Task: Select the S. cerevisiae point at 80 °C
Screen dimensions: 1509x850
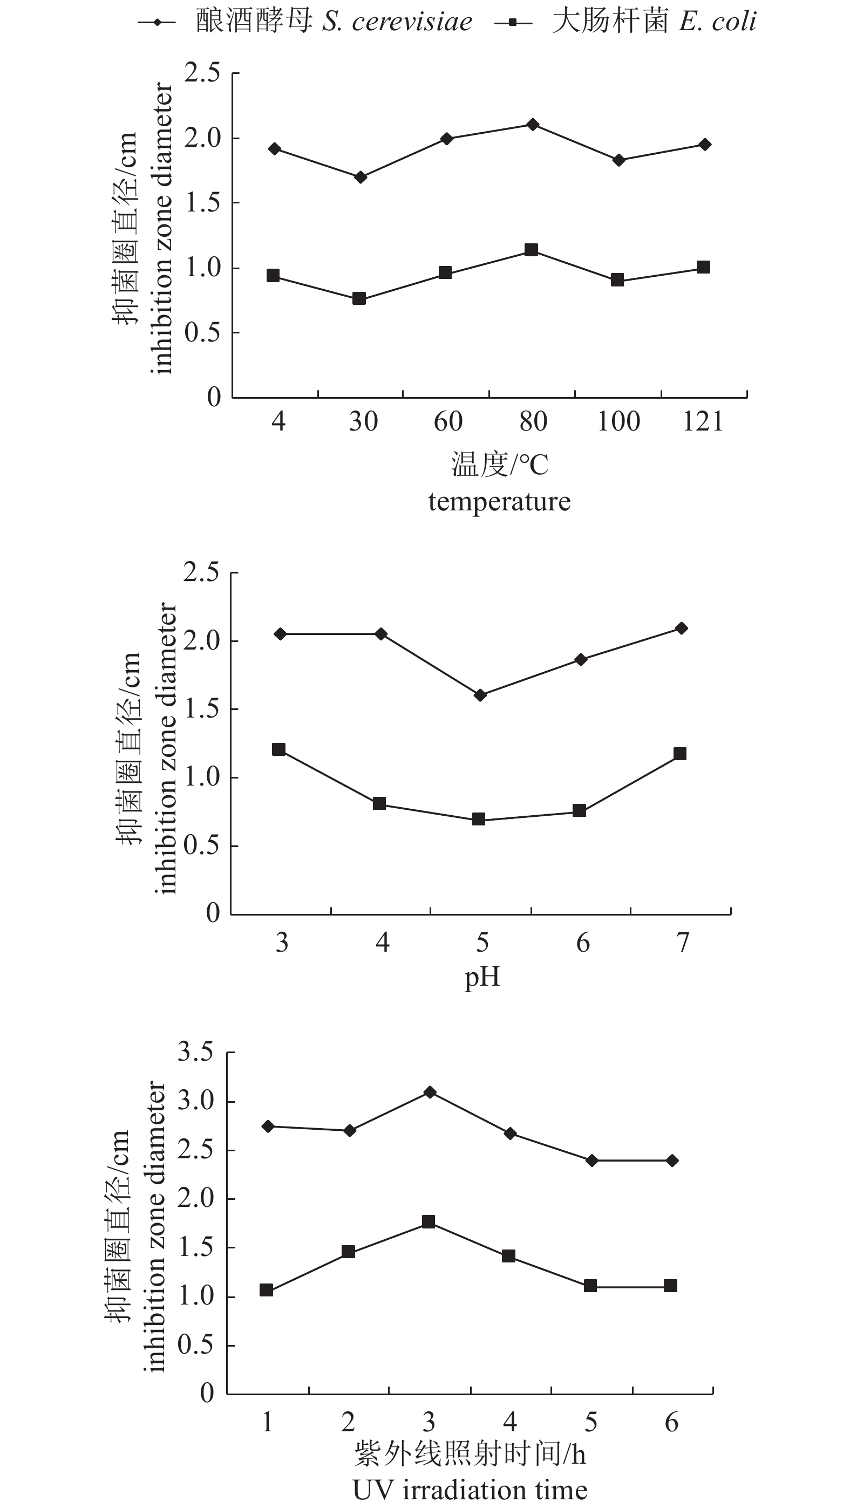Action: coord(533,125)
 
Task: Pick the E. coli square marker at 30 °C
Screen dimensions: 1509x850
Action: coord(359,299)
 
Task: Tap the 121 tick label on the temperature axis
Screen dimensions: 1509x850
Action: coord(703,422)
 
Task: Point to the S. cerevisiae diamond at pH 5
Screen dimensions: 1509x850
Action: coord(480,695)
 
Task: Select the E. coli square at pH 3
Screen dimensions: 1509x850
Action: coord(279,749)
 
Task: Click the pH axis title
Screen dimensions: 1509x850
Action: coord(481,977)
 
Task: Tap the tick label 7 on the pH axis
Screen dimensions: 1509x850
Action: coord(683,943)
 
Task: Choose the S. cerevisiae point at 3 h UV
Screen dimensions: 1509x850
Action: coord(430,1092)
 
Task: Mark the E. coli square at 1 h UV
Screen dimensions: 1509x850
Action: coord(267,1290)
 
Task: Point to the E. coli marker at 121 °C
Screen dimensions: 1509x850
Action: coord(703,267)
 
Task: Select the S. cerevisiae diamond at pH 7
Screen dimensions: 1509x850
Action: coord(681,629)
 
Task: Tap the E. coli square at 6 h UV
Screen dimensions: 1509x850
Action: coord(671,1286)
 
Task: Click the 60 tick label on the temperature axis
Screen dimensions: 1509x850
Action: coord(448,422)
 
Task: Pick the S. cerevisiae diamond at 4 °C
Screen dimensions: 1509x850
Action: coord(275,149)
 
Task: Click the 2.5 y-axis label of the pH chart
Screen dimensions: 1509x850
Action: coord(201,572)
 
